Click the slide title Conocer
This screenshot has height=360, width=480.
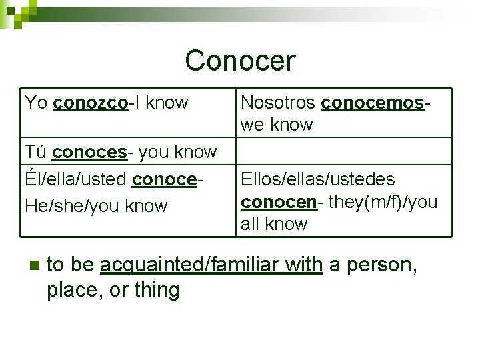coord(240,61)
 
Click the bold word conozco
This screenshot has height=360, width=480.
coord(90,103)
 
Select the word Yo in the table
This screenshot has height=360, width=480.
coord(36,103)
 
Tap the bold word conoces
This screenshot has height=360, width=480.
coord(89,152)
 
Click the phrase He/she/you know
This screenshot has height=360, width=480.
coord(96,206)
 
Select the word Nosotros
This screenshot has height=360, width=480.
coord(278,103)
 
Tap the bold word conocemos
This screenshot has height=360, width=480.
coord(372,103)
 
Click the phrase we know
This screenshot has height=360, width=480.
coord(277,125)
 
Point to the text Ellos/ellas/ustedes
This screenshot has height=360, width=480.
coord(317,179)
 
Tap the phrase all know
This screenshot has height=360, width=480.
coord(274,224)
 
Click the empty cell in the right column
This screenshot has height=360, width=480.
coord(345,151)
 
